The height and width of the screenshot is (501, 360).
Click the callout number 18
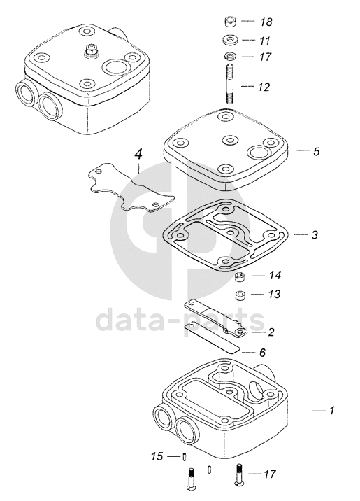click(266, 22)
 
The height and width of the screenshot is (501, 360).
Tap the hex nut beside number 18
click(230, 22)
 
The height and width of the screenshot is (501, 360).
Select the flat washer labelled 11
click(230, 41)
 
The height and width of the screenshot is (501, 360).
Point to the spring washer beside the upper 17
click(229, 57)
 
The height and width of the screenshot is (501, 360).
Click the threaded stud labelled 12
click(230, 83)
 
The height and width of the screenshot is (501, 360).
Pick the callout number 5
click(316, 151)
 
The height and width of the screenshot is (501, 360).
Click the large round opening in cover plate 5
click(259, 152)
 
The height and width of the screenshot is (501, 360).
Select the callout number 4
click(138, 155)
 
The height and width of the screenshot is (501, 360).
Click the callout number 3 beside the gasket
click(315, 235)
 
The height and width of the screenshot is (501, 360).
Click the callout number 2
click(271, 332)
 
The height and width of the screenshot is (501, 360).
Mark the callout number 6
click(262, 353)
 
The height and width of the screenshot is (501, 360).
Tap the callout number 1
click(332, 410)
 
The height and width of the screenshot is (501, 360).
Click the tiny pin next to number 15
click(185, 457)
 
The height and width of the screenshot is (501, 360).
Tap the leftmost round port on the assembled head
click(25, 92)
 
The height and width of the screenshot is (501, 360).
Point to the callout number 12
click(264, 87)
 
